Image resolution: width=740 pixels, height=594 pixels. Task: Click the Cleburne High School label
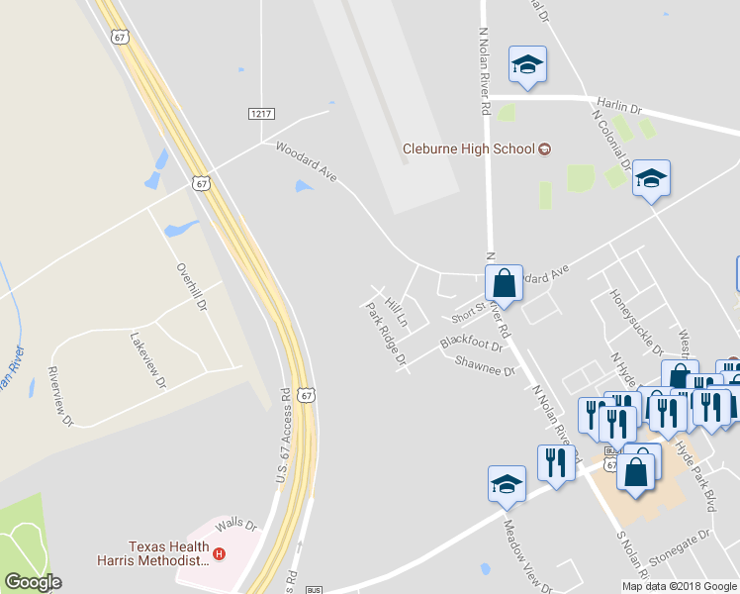click(468, 149)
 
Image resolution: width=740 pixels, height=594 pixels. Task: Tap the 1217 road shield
click(261, 114)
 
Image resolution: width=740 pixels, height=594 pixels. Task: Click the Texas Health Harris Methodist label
click(168, 553)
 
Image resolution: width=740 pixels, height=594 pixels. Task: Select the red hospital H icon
click(221, 554)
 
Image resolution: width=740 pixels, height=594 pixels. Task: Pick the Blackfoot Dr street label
click(472, 343)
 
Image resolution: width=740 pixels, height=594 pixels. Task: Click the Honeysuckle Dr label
click(636, 323)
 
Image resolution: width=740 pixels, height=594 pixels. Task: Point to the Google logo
click(33, 582)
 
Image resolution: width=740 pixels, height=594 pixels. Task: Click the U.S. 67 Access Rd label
click(280, 435)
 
